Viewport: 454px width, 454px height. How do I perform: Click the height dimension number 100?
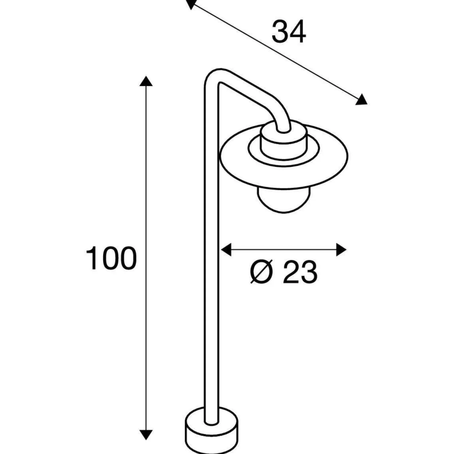[111, 258]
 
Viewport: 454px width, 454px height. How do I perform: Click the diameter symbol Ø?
[261, 272]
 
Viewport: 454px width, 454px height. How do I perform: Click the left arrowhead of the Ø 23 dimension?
[226, 250]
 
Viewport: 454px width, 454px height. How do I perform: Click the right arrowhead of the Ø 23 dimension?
[341, 250]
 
